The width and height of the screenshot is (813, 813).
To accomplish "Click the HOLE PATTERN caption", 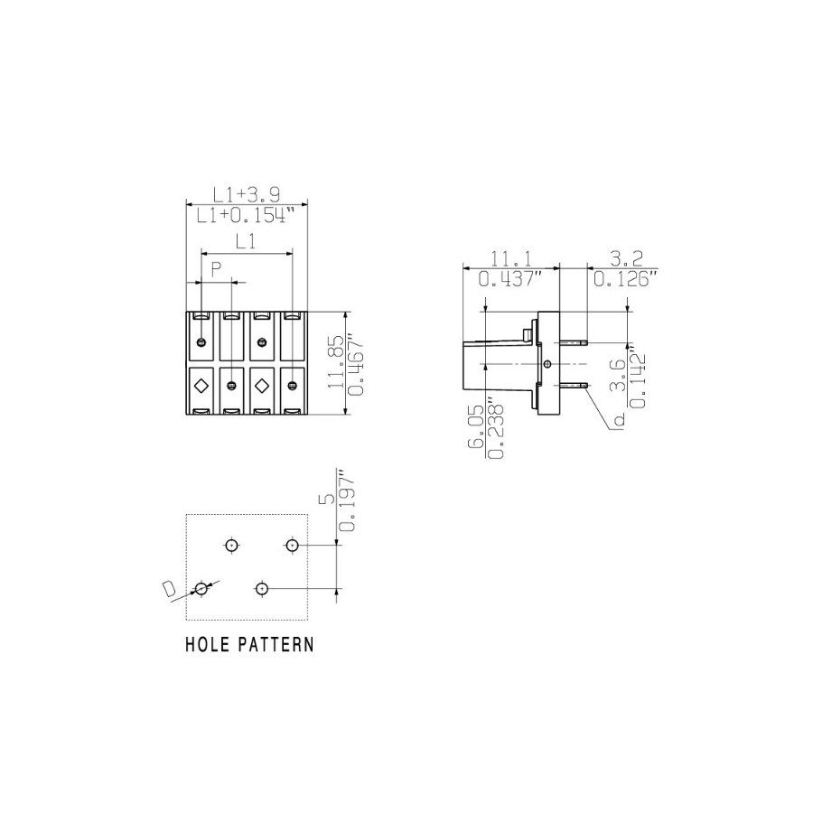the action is [249, 644].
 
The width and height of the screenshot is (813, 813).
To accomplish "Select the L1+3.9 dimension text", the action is [247, 195].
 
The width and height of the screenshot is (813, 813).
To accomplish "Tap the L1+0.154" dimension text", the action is [246, 215].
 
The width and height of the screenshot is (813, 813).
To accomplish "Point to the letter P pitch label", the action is [216, 268].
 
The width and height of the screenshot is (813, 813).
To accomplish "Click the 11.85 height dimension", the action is [336, 362].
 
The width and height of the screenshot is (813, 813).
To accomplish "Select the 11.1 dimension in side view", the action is [511, 258].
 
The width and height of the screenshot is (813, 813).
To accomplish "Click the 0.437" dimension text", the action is [510, 279].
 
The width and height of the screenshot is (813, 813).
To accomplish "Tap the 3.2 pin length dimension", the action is [626, 258].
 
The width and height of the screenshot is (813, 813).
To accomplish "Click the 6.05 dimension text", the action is [475, 426].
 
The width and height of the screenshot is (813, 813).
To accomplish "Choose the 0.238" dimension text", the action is [496, 430].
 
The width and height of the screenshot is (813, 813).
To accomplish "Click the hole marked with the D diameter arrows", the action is [201, 588].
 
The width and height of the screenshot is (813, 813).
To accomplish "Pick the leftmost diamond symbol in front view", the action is [201, 385].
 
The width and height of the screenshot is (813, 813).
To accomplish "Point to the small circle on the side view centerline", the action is [547, 364].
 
